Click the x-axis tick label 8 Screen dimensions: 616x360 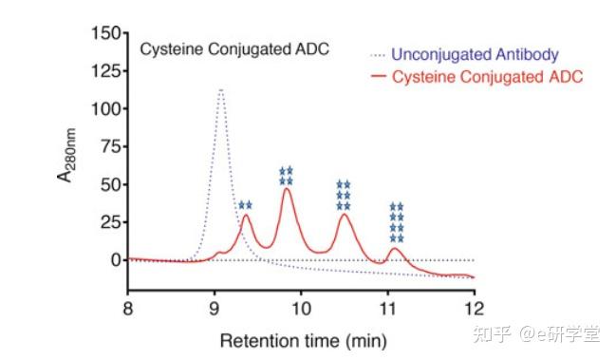(x=128, y=309)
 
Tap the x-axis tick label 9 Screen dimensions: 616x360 (x=215, y=309)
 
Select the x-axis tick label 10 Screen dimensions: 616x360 (x=301, y=309)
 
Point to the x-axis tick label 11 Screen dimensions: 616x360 (x=387, y=309)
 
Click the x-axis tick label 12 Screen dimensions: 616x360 (x=474, y=309)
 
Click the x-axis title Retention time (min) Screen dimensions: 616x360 (x=303, y=339)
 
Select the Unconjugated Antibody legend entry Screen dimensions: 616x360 (x=476, y=54)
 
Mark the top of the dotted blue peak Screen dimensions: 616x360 (x=220, y=90)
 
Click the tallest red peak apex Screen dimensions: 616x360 (x=287, y=189)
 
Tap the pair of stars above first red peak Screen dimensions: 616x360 (x=245, y=205)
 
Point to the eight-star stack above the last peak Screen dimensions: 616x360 (x=397, y=222)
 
